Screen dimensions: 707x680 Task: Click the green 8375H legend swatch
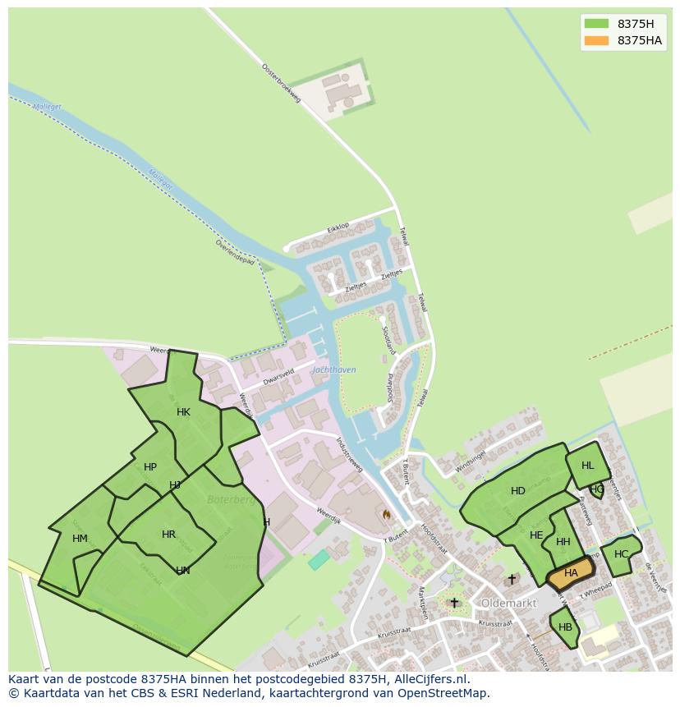pyautogui.click(x=596, y=24)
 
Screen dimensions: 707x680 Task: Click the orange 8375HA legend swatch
pyautogui.click(x=596, y=41)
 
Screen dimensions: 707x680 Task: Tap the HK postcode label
pyautogui.click(x=183, y=412)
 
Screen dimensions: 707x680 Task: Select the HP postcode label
pyautogui.click(x=150, y=467)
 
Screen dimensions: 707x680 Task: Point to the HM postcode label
pyautogui.click(x=80, y=539)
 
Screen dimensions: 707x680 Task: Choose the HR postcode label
pyautogui.click(x=168, y=535)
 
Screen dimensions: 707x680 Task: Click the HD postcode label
pyautogui.click(x=517, y=491)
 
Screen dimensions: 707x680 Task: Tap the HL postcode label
pyautogui.click(x=587, y=466)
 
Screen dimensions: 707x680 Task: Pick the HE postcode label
pyautogui.click(x=536, y=535)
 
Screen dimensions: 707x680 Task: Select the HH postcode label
pyautogui.click(x=563, y=542)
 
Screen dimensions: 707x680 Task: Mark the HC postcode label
pyautogui.click(x=621, y=554)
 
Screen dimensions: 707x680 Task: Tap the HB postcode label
pyautogui.click(x=565, y=627)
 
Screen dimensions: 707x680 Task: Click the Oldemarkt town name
pyautogui.click(x=508, y=603)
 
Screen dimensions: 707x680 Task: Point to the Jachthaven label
pyautogui.click(x=334, y=370)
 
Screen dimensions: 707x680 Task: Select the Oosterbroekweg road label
pyautogui.click(x=282, y=83)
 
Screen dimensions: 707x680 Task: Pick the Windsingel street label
pyautogui.click(x=470, y=461)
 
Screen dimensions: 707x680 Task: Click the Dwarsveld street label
pyautogui.click(x=278, y=375)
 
